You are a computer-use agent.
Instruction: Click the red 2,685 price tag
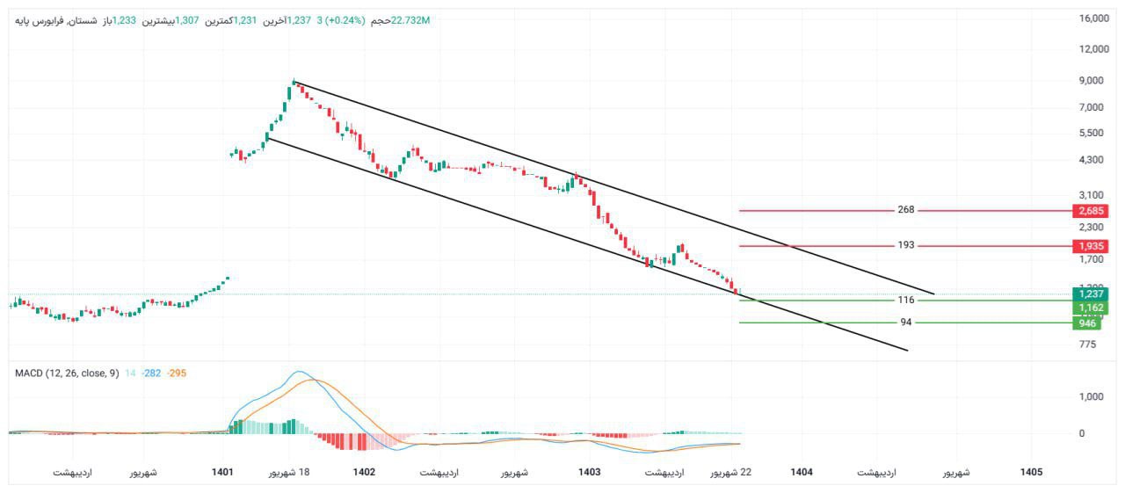tap(1091, 211)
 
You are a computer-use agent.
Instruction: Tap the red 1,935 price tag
tap(1091, 246)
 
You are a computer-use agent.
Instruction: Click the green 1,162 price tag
tap(1091, 308)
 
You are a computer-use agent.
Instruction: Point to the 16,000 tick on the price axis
tap(1093, 18)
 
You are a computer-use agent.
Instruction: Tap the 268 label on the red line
tap(906, 210)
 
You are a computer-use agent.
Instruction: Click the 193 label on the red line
tap(906, 245)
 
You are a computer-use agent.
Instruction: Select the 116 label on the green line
tap(906, 300)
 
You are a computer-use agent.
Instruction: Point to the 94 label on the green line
tap(906, 323)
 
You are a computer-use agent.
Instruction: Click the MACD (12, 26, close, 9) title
tap(67, 373)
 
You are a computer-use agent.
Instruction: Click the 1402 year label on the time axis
tap(365, 473)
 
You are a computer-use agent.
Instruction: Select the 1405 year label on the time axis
tap(1031, 473)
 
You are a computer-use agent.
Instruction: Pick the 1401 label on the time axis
tap(223, 473)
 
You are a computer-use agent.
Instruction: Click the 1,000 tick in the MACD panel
tap(1091, 397)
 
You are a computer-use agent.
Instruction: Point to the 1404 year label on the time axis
tap(802, 473)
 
